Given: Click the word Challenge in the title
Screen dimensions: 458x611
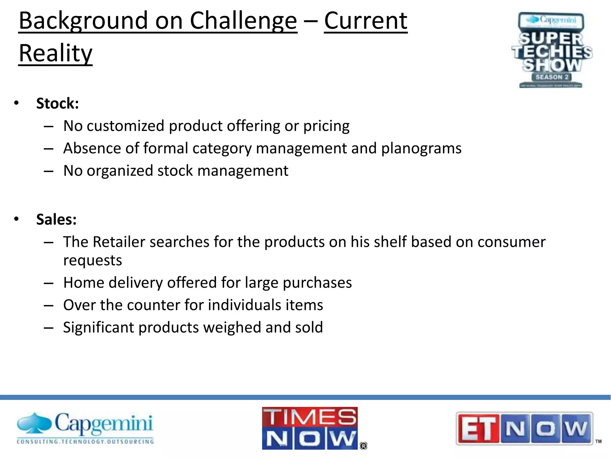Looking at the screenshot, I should point(243,21).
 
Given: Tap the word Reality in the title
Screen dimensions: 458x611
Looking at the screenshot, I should point(55,53).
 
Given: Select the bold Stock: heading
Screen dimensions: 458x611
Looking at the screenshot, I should point(58,103).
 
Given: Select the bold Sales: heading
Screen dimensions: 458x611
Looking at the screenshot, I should point(56,219).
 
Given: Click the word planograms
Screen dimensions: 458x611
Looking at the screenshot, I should point(421,148).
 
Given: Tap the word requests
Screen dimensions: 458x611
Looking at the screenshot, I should point(92,260).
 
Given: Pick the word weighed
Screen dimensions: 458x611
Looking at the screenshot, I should point(232,327).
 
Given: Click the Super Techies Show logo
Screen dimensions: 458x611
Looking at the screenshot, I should point(551,50).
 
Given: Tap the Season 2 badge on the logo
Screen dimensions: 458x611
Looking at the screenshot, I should point(552,77).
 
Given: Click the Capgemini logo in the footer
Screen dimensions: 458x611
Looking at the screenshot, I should point(85,428).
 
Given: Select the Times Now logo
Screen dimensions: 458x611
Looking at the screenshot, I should point(310,428).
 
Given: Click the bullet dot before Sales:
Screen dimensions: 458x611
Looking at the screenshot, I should point(16,219).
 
